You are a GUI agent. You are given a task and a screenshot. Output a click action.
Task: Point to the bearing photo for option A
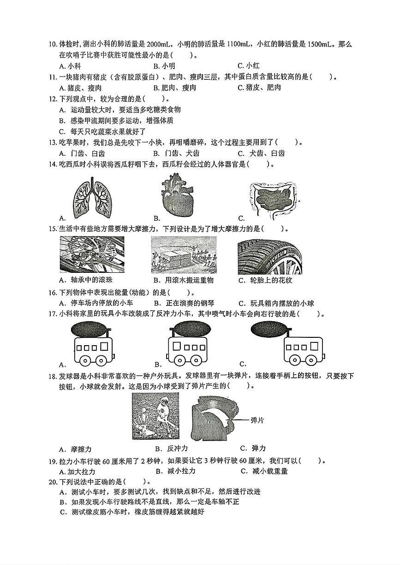92,255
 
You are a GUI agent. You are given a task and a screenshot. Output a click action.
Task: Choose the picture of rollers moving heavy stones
183,255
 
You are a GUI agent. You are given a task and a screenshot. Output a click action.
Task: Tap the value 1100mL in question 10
239,44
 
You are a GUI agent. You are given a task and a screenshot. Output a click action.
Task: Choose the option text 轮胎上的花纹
272,280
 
